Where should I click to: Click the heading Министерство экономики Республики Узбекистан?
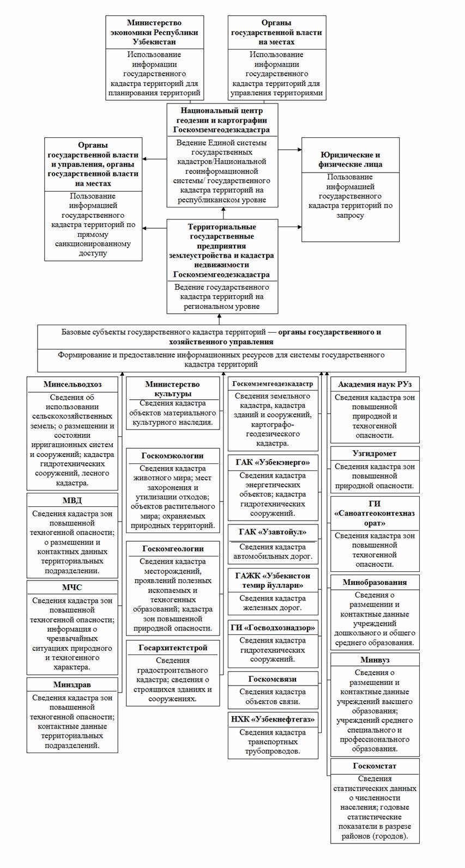tap(154, 32)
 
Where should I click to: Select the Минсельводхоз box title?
tap(73, 384)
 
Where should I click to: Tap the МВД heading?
tap(72, 500)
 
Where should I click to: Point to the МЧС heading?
tap(72, 588)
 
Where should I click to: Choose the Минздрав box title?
tap(72, 684)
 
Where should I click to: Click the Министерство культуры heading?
tap(172, 389)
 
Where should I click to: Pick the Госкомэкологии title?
tap(172, 455)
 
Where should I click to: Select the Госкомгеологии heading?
tap(173, 548)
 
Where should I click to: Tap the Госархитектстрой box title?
tap(173, 647)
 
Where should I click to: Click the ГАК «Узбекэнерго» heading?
tap(273, 462)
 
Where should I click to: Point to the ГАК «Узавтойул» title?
tap(273, 531)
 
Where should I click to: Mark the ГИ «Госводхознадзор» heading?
tap(273, 627)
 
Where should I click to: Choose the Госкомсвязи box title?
tap(273, 678)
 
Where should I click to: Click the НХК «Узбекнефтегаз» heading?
tap(273, 719)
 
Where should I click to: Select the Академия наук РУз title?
tap(375, 384)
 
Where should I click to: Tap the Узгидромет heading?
tap(375, 453)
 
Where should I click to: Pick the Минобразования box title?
tap(375, 582)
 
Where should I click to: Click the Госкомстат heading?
tap(375, 766)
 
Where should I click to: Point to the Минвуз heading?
tap(375, 660)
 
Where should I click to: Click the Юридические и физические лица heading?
tap(351, 159)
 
